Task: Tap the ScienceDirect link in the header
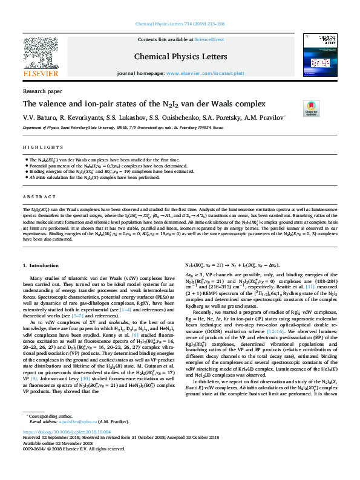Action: click(209, 39)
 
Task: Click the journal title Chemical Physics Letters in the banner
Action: click(180, 57)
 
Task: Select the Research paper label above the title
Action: click(42, 91)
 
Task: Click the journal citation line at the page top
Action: click(180, 9)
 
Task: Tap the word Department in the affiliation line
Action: click(33, 128)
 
